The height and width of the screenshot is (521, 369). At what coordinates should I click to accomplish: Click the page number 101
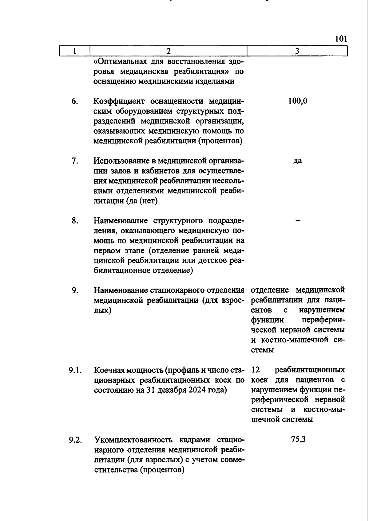coord(341,39)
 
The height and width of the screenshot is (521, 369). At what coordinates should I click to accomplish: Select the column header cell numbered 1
coord(74,51)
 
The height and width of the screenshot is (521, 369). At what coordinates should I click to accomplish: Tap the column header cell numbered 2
coord(168,51)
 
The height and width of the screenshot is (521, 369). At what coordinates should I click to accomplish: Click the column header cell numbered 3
coord(297,51)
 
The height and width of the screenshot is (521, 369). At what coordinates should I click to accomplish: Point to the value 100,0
coord(298,101)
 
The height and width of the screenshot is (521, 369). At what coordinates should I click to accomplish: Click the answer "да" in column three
coord(297,161)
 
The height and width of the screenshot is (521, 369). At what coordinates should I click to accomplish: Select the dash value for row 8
coord(297,221)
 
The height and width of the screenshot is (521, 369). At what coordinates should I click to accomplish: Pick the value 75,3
coord(298,440)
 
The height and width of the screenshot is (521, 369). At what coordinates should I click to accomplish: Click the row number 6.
coord(74,101)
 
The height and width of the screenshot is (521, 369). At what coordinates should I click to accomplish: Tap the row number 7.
coord(74,161)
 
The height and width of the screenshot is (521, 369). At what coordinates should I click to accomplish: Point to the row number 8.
coord(74,221)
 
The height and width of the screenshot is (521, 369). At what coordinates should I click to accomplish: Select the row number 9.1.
coord(75,370)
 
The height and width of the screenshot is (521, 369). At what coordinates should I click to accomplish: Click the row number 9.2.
coord(75,440)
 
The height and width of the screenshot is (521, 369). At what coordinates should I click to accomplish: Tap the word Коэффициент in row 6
coord(119,101)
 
